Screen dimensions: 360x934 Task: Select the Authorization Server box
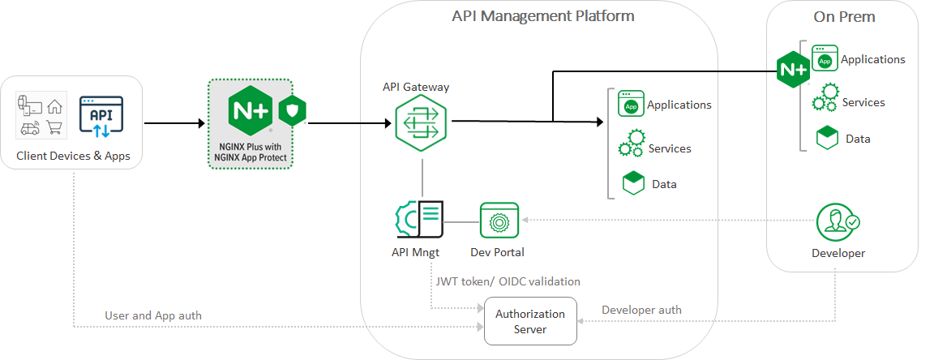point(530,321)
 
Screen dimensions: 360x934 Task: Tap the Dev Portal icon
point(499,221)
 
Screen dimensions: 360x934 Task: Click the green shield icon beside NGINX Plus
point(291,112)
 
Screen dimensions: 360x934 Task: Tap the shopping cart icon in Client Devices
point(54,126)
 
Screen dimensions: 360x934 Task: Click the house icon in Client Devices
point(54,105)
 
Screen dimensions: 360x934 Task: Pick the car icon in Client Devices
point(30,127)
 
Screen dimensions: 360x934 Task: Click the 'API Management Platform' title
point(542,15)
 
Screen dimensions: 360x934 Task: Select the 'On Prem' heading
point(844,17)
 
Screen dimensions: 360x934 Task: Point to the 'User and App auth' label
point(153,315)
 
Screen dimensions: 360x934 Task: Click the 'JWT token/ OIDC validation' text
point(508,281)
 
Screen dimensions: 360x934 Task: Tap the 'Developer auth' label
point(641,310)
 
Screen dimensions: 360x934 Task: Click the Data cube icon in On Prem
point(826,137)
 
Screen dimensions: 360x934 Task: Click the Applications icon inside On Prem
point(825,58)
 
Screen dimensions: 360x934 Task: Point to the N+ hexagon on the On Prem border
point(793,70)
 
